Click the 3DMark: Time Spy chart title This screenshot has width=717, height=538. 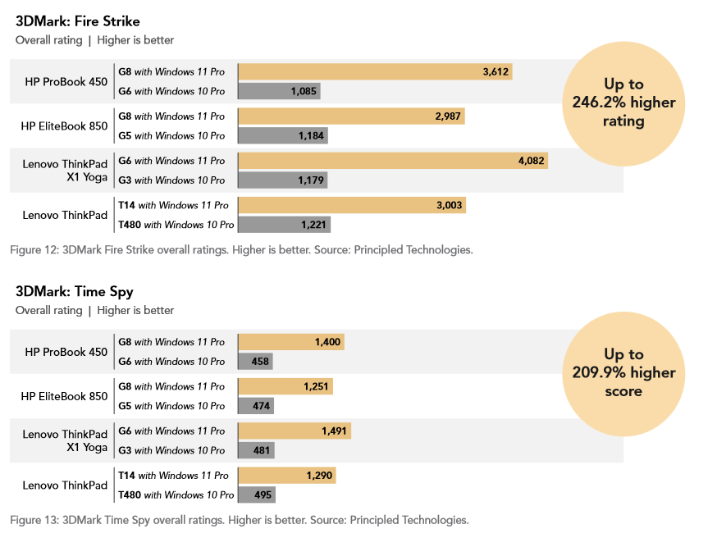74,292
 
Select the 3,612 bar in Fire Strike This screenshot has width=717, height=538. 375,72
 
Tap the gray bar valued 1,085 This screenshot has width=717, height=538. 279,92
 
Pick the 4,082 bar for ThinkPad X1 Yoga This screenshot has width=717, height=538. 392,161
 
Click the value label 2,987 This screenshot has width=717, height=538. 449,116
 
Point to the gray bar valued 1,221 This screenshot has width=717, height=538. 284,225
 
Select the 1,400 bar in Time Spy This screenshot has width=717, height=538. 290,342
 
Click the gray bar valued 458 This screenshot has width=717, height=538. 255,362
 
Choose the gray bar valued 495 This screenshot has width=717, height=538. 257,495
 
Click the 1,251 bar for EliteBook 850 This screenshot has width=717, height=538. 285,386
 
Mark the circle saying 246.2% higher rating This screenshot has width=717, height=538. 623,103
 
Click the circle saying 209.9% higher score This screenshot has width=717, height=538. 623,372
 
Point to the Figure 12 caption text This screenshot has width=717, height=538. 241,250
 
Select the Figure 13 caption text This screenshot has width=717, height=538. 239,520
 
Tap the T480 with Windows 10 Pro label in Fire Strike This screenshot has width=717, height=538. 176,225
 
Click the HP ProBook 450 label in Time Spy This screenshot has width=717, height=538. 66,352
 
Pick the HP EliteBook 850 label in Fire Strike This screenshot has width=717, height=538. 64,126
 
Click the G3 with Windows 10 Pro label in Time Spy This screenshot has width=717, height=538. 171,450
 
